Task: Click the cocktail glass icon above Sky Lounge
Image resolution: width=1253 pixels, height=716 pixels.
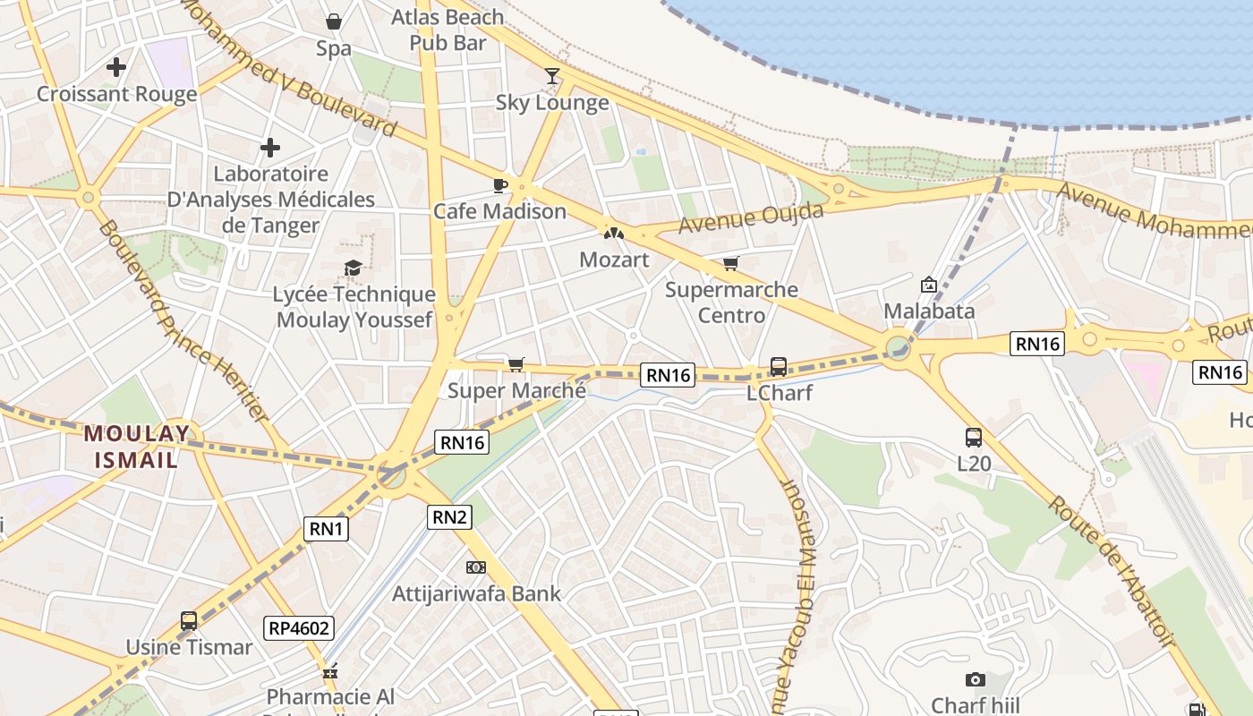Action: [552, 76]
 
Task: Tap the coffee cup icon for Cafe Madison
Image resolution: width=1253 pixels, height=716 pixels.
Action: [500, 185]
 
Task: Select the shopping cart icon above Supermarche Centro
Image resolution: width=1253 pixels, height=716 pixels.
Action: [731, 263]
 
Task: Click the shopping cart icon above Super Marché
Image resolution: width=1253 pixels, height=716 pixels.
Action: [516, 363]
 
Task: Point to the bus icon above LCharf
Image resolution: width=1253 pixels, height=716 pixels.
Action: [779, 366]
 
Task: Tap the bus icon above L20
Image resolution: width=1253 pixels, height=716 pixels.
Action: [974, 438]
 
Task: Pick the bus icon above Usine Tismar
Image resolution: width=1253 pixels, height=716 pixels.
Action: [189, 620]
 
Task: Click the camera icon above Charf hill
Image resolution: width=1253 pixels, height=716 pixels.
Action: [976, 680]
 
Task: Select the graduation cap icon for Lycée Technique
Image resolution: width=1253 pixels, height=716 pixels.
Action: [354, 268]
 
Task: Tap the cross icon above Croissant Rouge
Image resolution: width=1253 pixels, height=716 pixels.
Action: [116, 67]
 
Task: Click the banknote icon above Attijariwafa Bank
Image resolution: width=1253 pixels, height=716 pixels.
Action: [476, 567]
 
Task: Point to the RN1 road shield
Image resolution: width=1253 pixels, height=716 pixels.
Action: [326, 529]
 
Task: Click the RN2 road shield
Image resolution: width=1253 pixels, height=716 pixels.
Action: [449, 516]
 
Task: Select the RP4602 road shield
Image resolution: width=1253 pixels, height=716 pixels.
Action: [299, 628]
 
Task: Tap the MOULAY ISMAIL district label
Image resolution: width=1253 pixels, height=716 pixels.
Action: [137, 447]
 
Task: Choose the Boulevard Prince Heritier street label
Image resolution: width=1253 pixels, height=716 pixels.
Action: [183, 321]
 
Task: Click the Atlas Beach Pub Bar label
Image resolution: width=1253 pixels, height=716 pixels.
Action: [448, 30]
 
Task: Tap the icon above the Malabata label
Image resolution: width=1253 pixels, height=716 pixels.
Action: [929, 286]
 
